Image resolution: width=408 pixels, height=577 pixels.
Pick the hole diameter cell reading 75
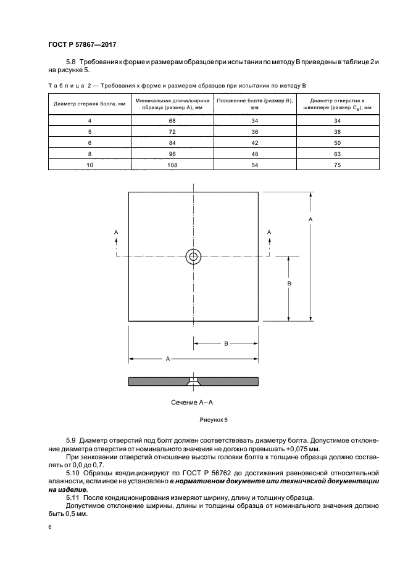point(337,165)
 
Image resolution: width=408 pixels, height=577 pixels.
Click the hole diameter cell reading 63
point(337,153)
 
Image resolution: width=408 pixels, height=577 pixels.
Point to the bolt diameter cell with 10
point(90,165)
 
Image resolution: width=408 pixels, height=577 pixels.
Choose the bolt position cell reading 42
point(254,142)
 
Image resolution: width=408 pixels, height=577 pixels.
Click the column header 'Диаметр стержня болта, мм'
point(90,103)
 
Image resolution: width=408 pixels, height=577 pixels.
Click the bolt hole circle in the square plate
point(194,256)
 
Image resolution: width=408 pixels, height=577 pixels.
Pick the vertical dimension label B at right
point(289,284)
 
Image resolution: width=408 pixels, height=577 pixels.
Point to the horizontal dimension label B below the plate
point(227,344)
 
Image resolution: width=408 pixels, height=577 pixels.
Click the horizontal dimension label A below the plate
point(168,358)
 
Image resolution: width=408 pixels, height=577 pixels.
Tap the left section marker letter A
point(116,231)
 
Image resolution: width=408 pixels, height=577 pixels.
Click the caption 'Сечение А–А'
point(192,403)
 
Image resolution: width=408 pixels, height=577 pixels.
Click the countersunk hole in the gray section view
point(194,382)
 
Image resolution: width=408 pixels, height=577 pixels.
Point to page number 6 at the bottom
point(50,527)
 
